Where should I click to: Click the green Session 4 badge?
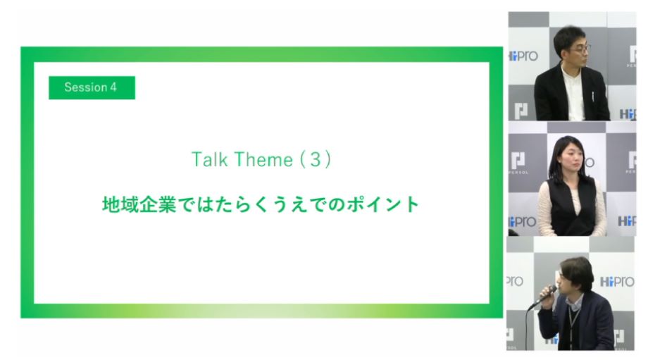point(92,87)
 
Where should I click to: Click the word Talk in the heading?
point(209,159)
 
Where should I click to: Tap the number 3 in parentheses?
point(316,159)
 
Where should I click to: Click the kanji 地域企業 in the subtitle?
point(139,204)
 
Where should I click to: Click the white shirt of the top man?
point(573,93)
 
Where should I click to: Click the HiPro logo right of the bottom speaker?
point(616,282)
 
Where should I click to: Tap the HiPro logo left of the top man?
point(523,56)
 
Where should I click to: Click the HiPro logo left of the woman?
point(523,222)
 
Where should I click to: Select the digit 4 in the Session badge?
point(113,87)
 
